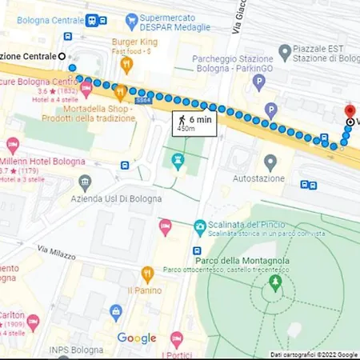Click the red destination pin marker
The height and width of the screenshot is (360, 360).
tap(349, 111)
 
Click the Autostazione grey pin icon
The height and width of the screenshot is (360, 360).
tap(270, 162)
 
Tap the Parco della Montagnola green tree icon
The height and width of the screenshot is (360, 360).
tap(276, 282)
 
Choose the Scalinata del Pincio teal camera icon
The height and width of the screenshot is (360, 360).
tap(198, 229)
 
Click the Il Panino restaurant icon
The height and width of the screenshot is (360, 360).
tap(147, 274)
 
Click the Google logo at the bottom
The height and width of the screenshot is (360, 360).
tap(137, 338)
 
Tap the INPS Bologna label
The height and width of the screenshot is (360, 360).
tap(74, 350)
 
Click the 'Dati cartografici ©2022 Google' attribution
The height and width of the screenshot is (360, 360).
tap(314, 354)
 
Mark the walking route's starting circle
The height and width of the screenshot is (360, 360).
tap(63, 56)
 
